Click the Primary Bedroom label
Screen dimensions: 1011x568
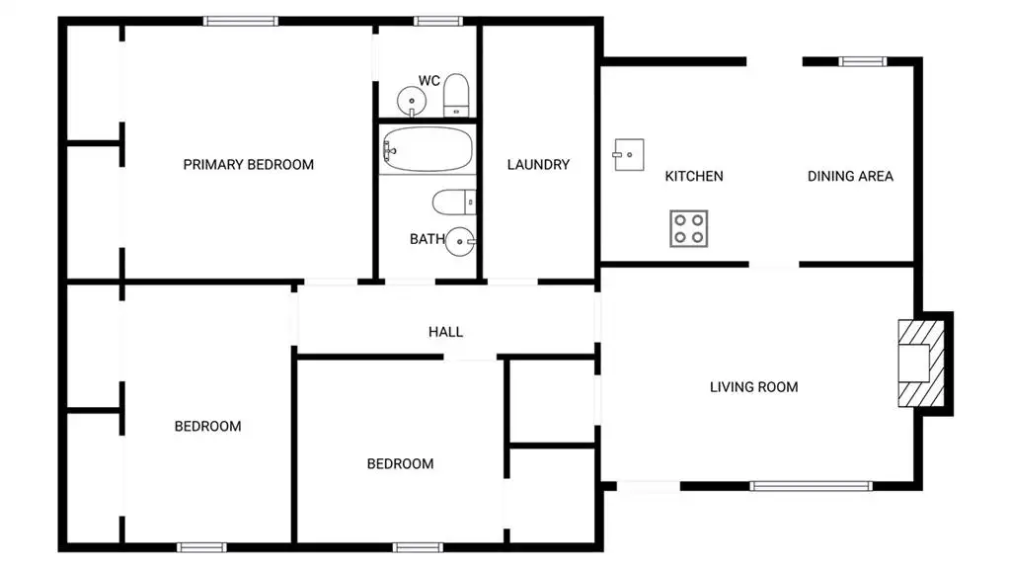click(248, 165)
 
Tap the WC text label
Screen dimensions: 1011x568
click(429, 81)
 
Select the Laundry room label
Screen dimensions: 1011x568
click(538, 165)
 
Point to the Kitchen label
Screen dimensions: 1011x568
click(694, 176)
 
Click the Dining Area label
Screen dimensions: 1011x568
click(850, 176)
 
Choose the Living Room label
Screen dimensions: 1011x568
click(753, 386)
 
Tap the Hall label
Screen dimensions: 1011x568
click(445, 332)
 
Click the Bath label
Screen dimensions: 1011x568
click(427, 239)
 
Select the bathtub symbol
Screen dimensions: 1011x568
click(427, 149)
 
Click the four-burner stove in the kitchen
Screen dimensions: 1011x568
click(688, 228)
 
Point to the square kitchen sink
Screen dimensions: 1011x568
click(629, 155)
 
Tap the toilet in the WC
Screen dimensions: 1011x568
click(456, 95)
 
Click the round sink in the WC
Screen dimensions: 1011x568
click(412, 102)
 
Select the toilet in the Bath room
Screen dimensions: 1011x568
click(454, 203)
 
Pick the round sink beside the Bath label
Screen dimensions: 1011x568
click(460, 241)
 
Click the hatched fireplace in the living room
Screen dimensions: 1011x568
click(921, 364)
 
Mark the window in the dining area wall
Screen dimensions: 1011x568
click(863, 62)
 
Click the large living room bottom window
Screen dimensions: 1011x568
click(812, 486)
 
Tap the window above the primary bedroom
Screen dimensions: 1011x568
click(241, 22)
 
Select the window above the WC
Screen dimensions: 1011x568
click(437, 22)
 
